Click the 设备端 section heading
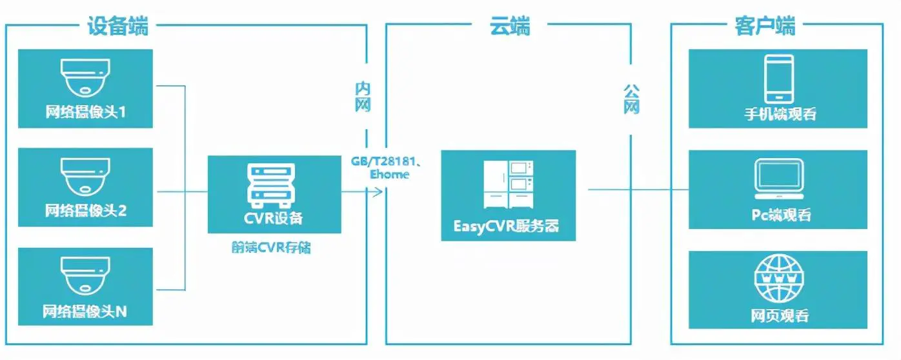[x=117, y=26]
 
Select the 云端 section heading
[x=509, y=26]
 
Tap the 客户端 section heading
[x=765, y=26]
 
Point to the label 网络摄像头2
[x=85, y=210]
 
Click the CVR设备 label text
[x=274, y=217]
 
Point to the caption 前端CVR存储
[x=271, y=247]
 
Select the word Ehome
[x=389, y=174]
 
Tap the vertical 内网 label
[x=363, y=97]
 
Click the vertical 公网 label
[x=631, y=98]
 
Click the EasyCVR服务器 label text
[x=508, y=226]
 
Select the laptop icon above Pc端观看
[x=780, y=179]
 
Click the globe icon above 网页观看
[x=780, y=279]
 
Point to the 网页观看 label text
[x=780, y=316]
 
